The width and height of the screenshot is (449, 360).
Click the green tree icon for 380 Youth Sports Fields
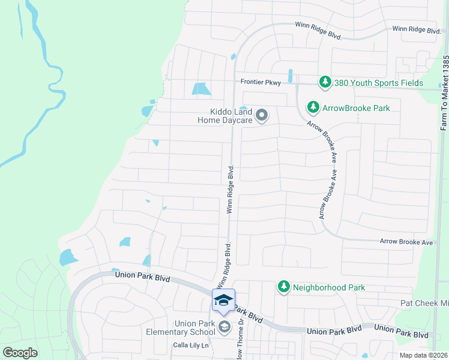click(325, 82)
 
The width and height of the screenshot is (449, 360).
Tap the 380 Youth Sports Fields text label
click(379, 83)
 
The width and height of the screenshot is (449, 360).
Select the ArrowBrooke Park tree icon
click(313, 107)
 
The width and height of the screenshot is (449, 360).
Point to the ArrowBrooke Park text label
click(356, 108)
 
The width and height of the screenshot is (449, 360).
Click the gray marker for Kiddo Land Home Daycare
click(262, 115)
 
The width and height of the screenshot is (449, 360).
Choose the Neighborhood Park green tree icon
click(283, 287)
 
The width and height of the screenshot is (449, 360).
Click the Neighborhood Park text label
click(328, 288)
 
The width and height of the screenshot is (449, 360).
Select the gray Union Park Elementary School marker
click(224, 327)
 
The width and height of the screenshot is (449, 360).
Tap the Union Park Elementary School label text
click(194, 328)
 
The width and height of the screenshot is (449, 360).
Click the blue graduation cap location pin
click(223, 301)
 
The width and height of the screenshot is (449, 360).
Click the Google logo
click(20, 352)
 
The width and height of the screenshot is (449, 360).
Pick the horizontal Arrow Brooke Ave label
click(406, 242)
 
